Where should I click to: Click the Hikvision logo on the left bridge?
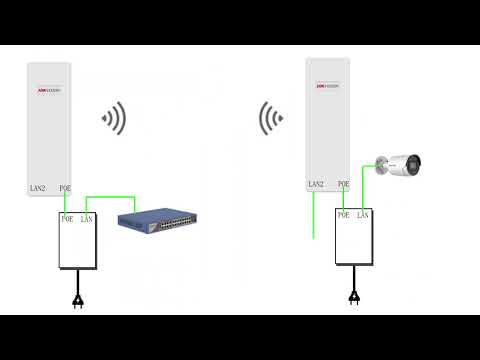point(49,90)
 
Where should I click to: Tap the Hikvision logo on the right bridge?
point(328,86)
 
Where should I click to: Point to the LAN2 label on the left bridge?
point(38,187)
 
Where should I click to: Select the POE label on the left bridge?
point(65,187)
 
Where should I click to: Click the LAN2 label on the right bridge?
point(316,184)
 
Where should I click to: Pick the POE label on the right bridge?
point(343,184)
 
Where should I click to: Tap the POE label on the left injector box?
point(67,218)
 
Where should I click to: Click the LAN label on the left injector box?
point(86,218)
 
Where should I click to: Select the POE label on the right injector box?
point(344,214)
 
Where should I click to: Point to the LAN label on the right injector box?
point(363,214)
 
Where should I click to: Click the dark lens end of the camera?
point(414,162)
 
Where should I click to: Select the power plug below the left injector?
point(77,300)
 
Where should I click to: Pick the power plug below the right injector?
point(353,296)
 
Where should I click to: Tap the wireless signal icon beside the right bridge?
point(269,118)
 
